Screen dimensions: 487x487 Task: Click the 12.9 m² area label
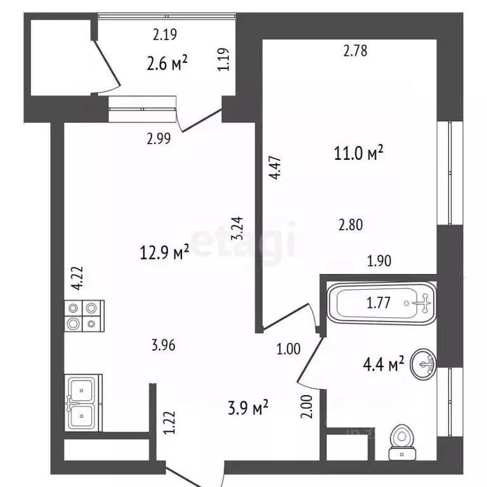pos(164,252)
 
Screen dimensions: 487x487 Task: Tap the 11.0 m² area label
pos(358,153)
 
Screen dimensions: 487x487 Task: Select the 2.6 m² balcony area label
pos(167,63)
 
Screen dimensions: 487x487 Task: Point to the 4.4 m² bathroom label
pos(384,364)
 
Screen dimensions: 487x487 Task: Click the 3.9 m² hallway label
pos(248,408)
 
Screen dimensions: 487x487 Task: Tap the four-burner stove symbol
pos(84,316)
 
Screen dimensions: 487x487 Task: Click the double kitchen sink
pos(83,403)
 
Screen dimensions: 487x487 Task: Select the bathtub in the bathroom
pos(382,304)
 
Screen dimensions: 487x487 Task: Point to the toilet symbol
pos(402,442)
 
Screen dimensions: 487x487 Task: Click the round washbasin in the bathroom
pos(423,364)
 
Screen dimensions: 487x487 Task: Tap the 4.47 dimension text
pos(275,167)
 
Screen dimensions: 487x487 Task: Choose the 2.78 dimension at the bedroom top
pos(355,51)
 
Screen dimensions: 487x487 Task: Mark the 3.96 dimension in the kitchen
pos(164,346)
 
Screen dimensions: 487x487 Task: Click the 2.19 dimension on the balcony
pos(165,34)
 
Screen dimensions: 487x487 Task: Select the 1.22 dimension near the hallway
pos(169,423)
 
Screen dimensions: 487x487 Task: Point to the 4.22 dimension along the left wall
pos(77,278)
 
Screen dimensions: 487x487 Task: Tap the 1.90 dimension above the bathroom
pos(379,261)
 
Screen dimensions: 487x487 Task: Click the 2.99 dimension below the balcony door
pos(159,138)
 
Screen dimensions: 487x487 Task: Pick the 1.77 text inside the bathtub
pos(379,303)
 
